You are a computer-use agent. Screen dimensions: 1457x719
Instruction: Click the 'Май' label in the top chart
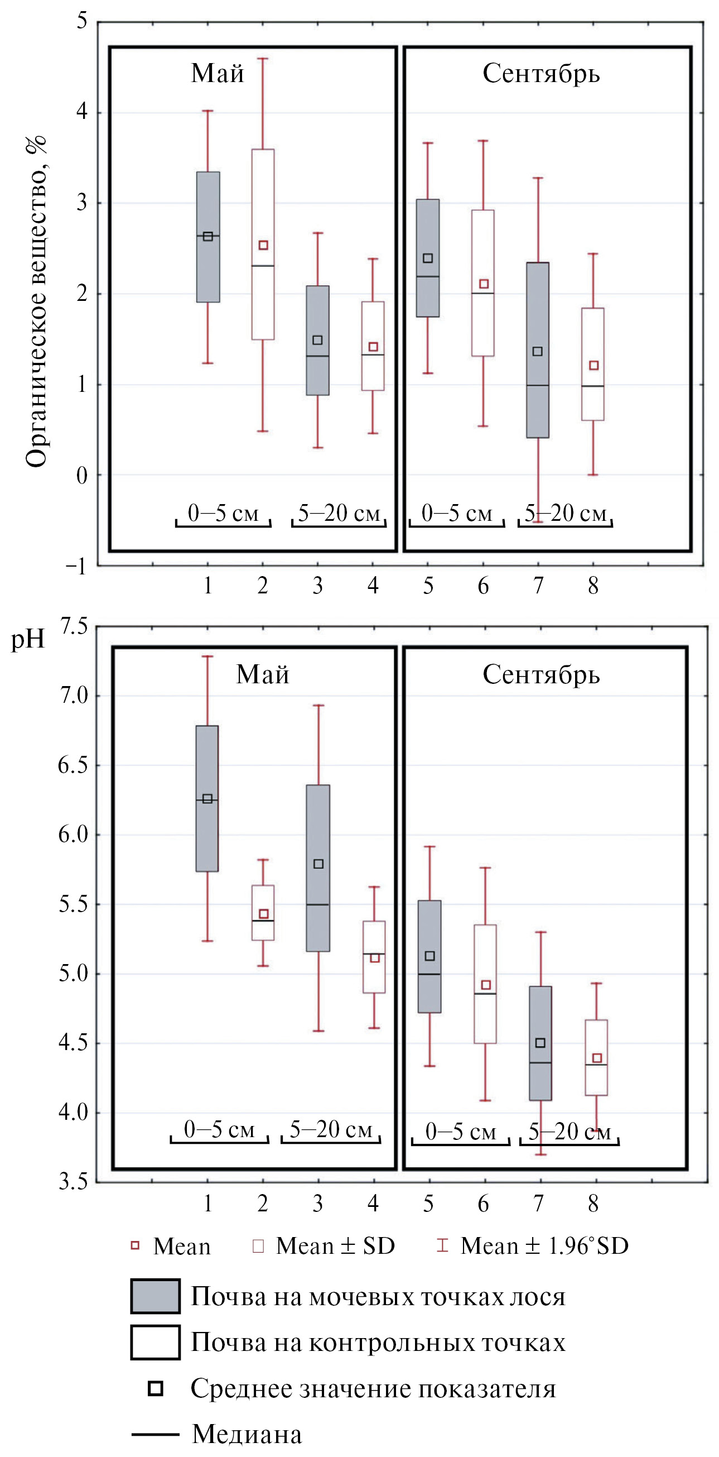point(217,74)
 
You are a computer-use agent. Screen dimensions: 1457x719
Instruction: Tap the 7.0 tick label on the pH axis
point(74,695)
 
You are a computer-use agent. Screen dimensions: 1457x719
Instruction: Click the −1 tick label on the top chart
point(77,566)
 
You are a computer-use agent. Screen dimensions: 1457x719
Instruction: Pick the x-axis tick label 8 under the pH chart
point(593,1204)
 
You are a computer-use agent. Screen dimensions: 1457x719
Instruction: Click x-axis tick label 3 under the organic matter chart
point(318,586)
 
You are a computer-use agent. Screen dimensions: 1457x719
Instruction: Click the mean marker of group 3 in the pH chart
point(319,864)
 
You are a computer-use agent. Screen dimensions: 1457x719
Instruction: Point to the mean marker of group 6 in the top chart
point(484,284)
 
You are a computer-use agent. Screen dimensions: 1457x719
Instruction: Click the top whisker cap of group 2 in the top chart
point(263,58)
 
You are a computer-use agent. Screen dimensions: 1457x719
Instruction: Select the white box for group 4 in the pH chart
point(374,956)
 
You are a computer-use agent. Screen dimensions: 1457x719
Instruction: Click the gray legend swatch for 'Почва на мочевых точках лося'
point(156,1296)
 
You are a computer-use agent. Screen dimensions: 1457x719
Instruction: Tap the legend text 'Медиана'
point(247,1434)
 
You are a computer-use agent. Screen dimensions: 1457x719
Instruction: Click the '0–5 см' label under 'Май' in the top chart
point(223,513)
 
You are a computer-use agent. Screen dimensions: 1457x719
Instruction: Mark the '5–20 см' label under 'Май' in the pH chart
point(331,1129)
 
